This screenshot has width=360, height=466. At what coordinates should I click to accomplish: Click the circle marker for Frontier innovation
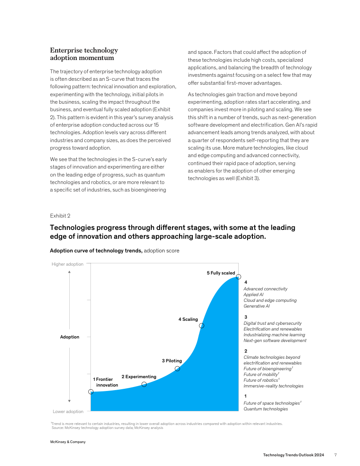tap(91, 391)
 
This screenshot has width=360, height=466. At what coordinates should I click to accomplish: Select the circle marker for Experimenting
tap(144, 384)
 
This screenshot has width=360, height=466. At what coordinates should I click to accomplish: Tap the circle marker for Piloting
tap(177, 368)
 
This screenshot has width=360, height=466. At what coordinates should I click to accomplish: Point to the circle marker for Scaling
tap(202, 326)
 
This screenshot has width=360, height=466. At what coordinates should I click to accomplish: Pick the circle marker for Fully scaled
tap(239, 277)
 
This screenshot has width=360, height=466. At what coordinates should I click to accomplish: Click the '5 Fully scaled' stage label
tap(221, 273)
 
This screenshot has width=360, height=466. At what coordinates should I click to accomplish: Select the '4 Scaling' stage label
tap(188, 319)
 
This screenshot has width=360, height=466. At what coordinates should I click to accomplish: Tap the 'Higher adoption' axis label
tap(67, 264)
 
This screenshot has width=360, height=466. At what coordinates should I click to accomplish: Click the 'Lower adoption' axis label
tap(68, 412)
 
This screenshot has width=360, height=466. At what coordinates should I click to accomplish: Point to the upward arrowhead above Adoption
tap(69, 272)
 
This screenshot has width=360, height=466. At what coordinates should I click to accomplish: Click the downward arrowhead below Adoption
tap(69, 401)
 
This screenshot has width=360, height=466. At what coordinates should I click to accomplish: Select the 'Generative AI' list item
tap(256, 306)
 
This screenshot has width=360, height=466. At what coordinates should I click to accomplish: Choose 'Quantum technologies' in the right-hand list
tap(266, 409)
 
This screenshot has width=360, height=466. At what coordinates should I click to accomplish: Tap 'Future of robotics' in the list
tap(261, 380)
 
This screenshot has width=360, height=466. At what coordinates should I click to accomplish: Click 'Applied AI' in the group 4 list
tap(253, 294)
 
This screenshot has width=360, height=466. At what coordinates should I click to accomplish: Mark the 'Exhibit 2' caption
tap(60, 216)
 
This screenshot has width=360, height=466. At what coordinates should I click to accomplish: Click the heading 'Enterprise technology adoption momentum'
tap(84, 54)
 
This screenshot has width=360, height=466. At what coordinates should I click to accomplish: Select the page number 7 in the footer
tap(335, 455)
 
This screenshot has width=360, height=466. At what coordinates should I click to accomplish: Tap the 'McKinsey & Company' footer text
tap(67, 442)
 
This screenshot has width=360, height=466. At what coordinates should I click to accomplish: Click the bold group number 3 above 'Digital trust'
tap(245, 317)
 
